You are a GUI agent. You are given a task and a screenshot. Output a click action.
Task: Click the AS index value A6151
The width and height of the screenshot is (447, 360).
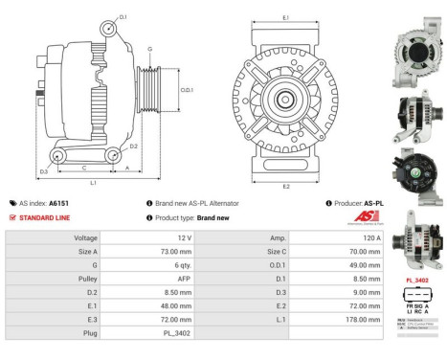(59, 203)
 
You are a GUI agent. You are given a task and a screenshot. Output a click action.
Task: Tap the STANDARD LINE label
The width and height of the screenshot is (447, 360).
(44, 217)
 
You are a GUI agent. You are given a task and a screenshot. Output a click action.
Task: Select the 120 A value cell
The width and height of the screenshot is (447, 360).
(370, 236)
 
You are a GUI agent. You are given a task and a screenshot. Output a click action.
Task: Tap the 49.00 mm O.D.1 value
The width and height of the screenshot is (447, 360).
(367, 265)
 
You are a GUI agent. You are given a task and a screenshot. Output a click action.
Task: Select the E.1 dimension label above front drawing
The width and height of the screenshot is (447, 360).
(286, 17)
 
